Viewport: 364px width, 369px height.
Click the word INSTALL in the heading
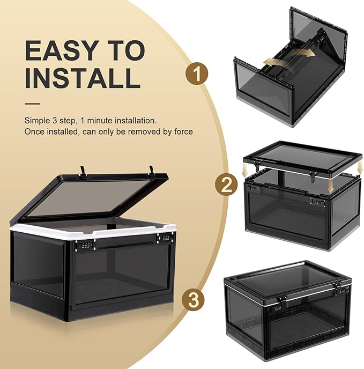point(83,78)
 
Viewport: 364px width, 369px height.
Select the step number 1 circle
point(197,73)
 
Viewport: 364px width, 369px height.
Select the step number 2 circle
point(226,184)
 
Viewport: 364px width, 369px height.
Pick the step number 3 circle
point(193,300)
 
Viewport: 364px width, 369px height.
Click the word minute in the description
point(100,121)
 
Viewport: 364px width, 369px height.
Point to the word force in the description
point(183,131)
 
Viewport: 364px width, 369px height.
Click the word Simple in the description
point(37,121)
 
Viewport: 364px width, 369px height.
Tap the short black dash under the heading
point(32,104)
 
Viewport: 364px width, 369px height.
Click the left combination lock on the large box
point(85,245)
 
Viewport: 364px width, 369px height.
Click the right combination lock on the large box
point(166,238)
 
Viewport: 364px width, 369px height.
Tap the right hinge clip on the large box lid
point(151,171)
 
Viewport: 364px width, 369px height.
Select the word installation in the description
point(135,121)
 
